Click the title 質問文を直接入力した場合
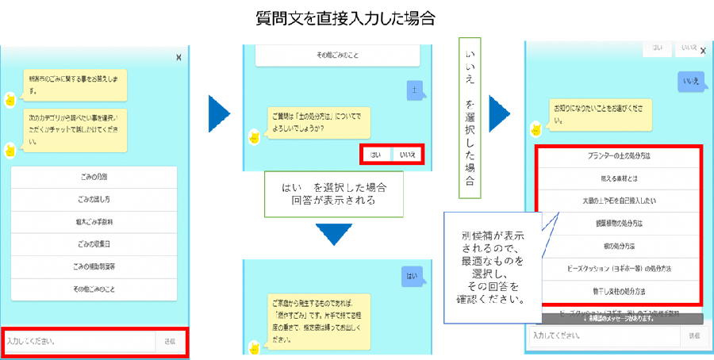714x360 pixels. point(357,16)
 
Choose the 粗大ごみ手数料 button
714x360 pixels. point(94,222)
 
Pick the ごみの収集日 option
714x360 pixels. point(94,244)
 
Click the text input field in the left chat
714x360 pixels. point(79,342)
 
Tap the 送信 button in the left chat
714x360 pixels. point(171,342)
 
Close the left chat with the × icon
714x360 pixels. point(178,57)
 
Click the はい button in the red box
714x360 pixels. point(375,155)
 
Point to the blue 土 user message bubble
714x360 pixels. point(414,90)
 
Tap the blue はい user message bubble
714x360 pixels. point(411,277)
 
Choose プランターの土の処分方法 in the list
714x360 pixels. point(620,157)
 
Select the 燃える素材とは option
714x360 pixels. point(620,179)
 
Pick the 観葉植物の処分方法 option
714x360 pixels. point(620,224)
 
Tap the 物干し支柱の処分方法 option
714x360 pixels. point(620,290)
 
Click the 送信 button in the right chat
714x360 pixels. point(694,336)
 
